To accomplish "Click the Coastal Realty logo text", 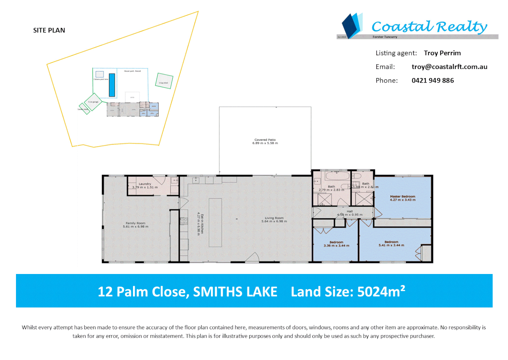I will [429, 27].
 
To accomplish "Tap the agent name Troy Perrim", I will [442, 53].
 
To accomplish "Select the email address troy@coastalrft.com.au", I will [449, 67].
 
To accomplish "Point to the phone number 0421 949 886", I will [433, 80].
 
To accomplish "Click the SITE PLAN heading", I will [49, 30].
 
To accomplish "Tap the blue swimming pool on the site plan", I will [112, 85].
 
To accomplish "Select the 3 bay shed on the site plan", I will [164, 81].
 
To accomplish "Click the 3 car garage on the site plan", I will [93, 102].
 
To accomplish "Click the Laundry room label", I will [145, 184].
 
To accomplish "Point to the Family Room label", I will [135, 223].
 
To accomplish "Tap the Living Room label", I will [274, 218].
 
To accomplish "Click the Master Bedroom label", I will [403, 197].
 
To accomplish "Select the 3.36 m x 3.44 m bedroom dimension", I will [336, 246].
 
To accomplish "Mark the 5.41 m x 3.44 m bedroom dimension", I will [391, 245].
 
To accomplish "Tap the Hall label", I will [350, 211].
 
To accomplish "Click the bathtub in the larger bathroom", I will [337, 176].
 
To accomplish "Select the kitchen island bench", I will [215, 222].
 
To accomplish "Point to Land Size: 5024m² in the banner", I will [348, 292].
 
